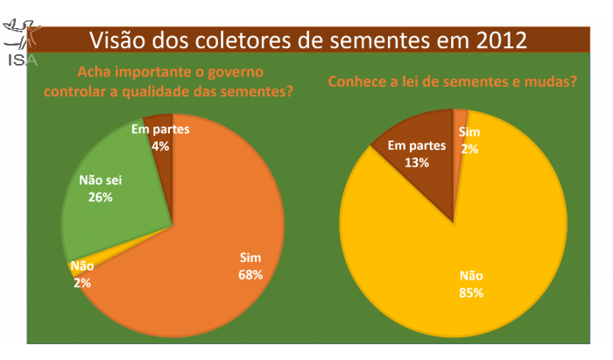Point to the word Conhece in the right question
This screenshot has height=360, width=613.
coord(357,82)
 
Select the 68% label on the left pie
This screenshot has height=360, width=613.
coord(250,274)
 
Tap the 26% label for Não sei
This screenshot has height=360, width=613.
coord(100,198)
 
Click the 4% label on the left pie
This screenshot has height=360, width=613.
coord(160,146)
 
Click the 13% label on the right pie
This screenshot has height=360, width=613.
coord(417,162)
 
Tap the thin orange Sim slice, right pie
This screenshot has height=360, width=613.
coord(459,118)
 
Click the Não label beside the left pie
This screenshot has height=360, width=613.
coord(82,266)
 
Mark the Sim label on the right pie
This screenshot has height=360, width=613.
coord(469,132)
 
